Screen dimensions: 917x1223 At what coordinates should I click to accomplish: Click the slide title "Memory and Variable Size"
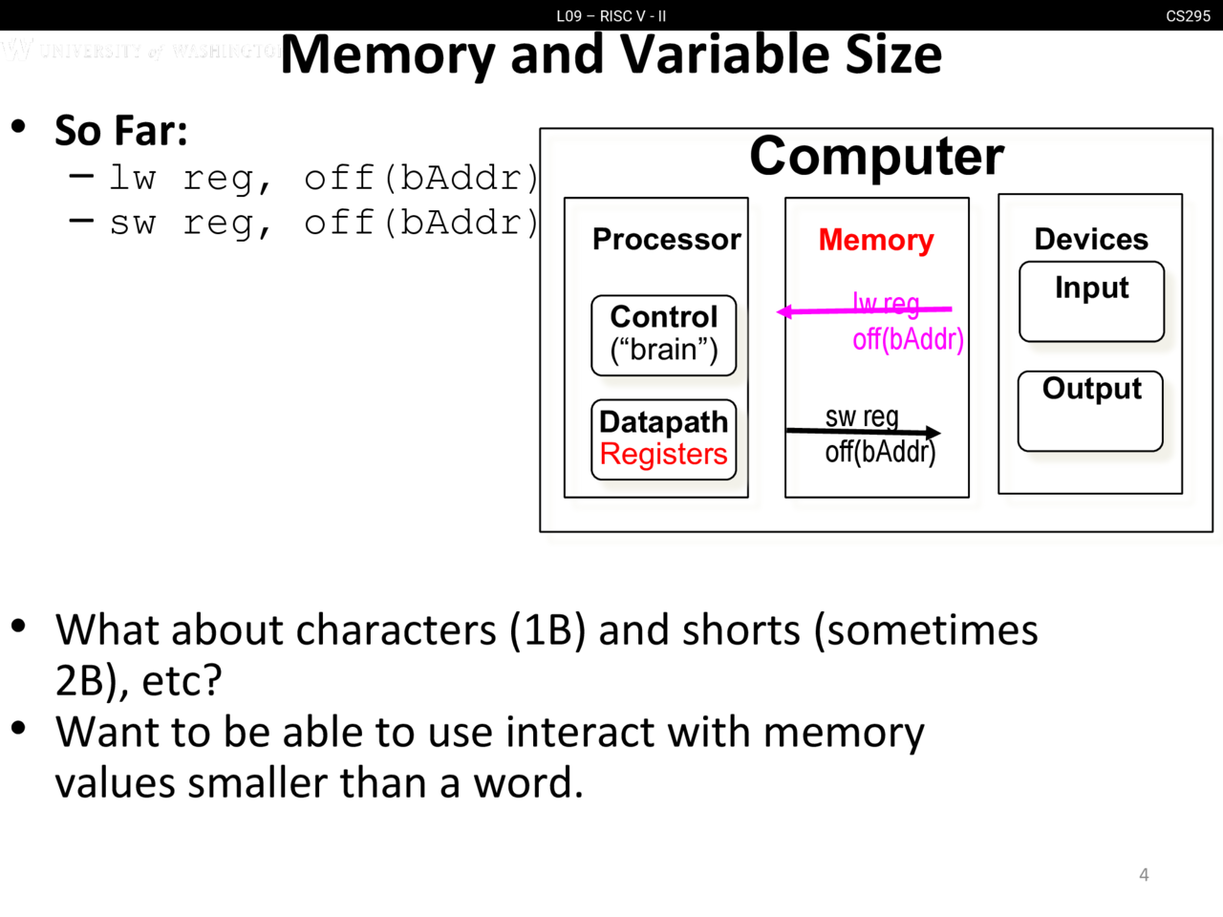(611, 54)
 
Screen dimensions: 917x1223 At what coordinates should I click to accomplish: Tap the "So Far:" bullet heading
(120, 131)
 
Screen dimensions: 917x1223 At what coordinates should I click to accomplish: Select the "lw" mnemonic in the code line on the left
(132, 178)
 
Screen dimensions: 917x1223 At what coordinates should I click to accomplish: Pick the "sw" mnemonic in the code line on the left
(132, 223)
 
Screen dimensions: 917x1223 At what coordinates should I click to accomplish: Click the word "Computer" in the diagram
(876, 156)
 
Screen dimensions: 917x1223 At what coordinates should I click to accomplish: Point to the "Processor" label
(666, 239)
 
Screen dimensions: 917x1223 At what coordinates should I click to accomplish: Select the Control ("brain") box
(663, 334)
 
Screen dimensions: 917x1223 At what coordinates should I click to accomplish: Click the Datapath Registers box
(663, 438)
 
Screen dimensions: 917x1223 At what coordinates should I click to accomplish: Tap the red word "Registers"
(663, 455)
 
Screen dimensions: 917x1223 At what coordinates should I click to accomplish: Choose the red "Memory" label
(875, 240)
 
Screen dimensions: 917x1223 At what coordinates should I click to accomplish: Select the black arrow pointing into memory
(860, 432)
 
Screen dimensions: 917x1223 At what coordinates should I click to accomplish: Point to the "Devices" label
(1091, 239)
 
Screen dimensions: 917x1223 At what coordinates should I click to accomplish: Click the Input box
(1091, 301)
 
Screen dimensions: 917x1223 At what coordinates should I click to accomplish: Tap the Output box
(1090, 411)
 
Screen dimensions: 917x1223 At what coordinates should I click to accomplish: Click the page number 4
(1144, 874)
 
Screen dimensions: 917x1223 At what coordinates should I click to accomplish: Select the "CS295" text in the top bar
(1188, 16)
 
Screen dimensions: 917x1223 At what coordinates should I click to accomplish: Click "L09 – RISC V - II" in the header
(611, 16)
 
